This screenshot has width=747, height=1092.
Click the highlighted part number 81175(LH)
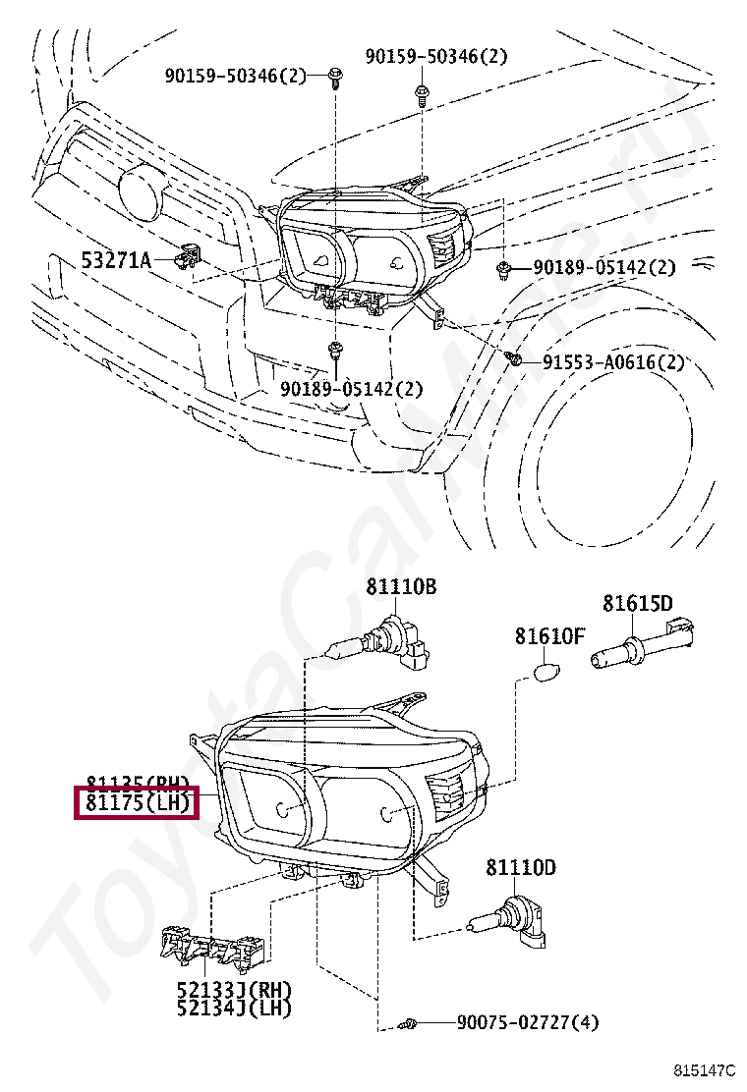[138, 804]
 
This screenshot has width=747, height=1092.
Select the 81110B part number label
[401, 587]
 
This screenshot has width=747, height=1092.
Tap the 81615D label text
[638, 603]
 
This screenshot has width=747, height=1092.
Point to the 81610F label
[549, 636]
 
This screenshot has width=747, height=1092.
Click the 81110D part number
[520, 867]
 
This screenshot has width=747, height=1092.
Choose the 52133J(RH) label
[235, 989]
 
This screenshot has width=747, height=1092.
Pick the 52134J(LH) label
[235, 1008]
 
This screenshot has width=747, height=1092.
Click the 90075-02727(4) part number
[527, 1023]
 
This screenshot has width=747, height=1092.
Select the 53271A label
[116, 260]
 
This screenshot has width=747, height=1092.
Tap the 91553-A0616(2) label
[613, 362]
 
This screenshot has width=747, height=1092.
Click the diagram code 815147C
[705, 1068]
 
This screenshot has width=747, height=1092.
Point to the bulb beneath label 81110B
[378, 645]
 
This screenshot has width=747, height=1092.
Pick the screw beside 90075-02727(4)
[411, 1024]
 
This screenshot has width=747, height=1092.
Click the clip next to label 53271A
[186, 257]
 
